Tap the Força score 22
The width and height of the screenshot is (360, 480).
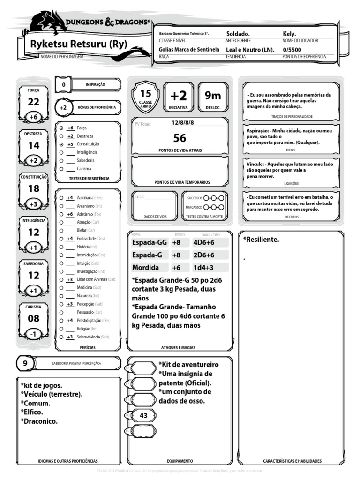(x=33, y=102)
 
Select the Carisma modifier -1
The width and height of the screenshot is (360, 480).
(x=33, y=334)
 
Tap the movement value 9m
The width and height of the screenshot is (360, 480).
(x=213, y=96)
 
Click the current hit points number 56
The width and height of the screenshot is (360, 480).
(x=180, y=138)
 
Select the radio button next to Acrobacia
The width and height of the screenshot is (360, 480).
(x=61, y=198)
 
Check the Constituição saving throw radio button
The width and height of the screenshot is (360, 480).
(x=61, y=144)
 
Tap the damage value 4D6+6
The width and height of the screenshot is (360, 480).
(x=204, y=242)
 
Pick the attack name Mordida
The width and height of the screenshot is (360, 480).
(x=145, y=268)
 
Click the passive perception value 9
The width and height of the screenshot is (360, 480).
(x=25, y=363)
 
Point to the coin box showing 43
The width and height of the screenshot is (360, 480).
(x=143, y=415)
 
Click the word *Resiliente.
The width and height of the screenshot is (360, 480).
(x=261, y=240)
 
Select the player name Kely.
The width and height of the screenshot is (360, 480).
(x=289, y=34)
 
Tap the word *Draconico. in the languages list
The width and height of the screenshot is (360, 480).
(x=39, y=421)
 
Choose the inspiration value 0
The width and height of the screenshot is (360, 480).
(x=64, y=84)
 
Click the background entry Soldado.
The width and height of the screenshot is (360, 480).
(x=238, y=34)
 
